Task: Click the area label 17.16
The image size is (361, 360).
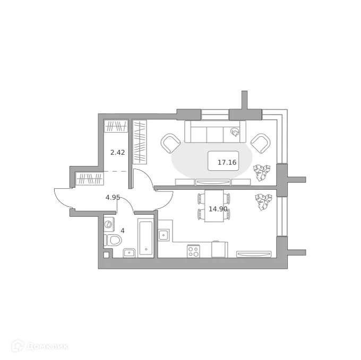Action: [227, 162]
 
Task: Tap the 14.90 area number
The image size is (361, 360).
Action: [218, 209]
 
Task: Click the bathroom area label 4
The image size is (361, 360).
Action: [123, 231]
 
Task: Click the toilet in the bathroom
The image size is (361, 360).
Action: [114, 240]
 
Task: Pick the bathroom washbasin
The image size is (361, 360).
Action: [130, 252]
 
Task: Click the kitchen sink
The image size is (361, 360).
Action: [164, 234]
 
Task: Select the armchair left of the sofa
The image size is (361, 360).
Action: [171, 142]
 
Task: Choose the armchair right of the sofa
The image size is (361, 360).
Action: [260, 142]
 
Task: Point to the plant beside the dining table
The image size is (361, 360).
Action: [263, 202]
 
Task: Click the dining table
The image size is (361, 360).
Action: [214, 206]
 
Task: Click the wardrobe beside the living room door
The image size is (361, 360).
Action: [140, 142]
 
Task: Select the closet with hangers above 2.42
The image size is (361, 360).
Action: [116, 127]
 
